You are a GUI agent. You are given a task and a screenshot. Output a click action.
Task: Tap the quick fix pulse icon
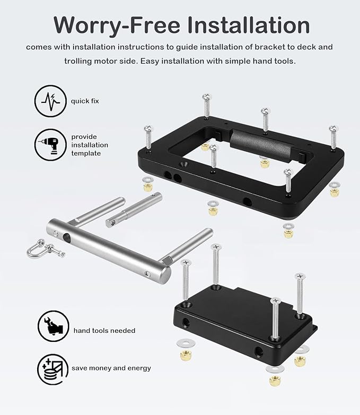click(50, 101)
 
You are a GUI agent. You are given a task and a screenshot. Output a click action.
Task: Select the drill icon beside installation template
click(50, 145)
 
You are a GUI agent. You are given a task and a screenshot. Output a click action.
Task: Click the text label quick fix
click(85, 101)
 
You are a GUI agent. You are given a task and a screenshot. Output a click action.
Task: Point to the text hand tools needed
click(104, 330)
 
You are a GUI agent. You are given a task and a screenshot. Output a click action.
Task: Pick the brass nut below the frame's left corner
click(148, 186)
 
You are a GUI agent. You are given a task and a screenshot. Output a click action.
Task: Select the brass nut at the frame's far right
click(334, 189)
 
